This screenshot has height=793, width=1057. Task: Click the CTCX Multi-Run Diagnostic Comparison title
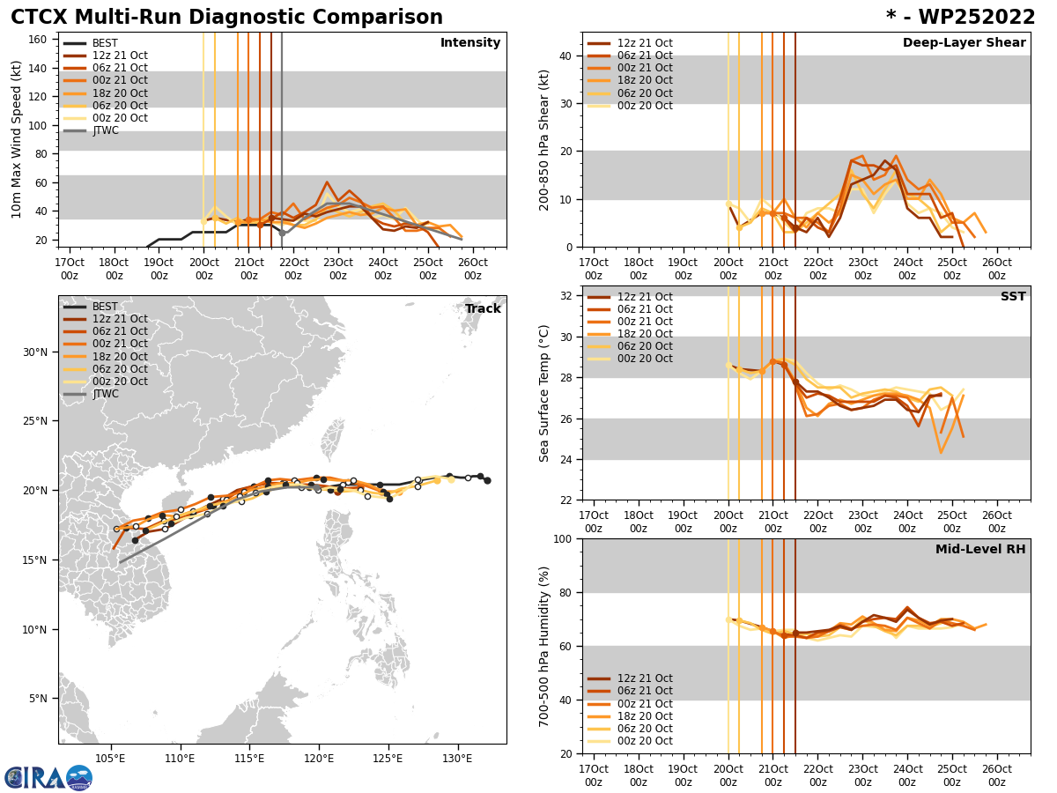[x=226, y=18]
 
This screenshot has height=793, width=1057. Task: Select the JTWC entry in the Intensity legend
[x=105, y=130]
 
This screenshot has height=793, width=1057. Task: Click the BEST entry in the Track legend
[x=105, y=307]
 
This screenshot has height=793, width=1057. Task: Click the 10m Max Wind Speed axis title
[x=17, y=139]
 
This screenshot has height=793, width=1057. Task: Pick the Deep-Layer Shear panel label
[x=964, y=43]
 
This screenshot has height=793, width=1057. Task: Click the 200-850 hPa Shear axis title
[x=543, y=139]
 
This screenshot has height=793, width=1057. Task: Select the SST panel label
[x=1013, y=297]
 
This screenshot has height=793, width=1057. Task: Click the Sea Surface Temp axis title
[x=544, y=393]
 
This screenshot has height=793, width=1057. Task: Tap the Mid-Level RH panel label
[x=980, y=550]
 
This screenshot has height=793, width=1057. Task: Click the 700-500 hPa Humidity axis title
[x=544, y=646]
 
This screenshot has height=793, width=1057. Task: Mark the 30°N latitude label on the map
[x=34, y=352]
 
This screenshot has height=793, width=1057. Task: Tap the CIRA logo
[x=48, y=778]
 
